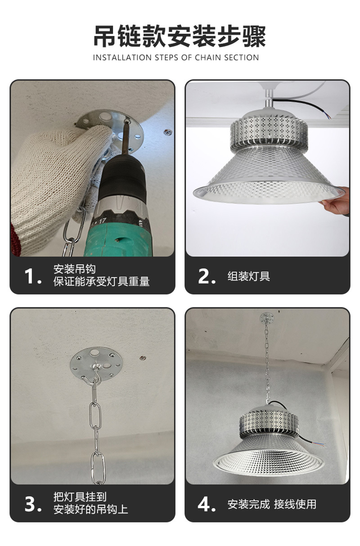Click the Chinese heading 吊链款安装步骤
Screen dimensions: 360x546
click(x=180, y=36)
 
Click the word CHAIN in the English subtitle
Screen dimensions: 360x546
click(x=208, y=58)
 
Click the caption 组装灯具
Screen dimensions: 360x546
click(x=248, y=276)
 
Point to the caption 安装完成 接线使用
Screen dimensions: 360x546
click(x=272, y=504)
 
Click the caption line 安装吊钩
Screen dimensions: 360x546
click(x=75, y=269)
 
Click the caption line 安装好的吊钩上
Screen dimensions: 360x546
click(x=90, y=510)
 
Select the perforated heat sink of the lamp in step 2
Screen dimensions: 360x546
click(x=269, y=131)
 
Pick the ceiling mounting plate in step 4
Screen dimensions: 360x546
click(x=267, y=318)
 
